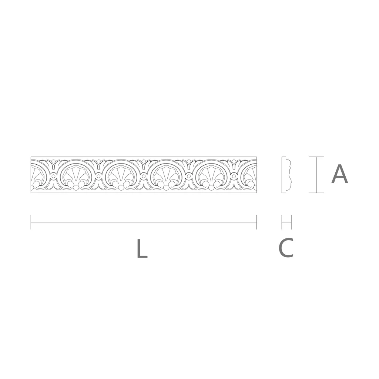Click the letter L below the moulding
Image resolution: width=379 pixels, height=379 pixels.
[142, 249]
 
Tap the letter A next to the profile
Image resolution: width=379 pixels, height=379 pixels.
[339, 174]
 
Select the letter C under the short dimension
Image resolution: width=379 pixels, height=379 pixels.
[286, 248]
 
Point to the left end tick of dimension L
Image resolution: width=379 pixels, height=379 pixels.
[31, 222]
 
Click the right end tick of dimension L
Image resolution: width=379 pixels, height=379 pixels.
[256, 222]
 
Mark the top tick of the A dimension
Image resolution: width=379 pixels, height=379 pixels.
[316, 157]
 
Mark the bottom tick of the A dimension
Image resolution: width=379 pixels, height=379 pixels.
[316, 193]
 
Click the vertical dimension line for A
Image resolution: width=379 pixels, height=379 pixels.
[316, 175]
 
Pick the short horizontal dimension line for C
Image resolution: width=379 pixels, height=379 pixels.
[286, 222]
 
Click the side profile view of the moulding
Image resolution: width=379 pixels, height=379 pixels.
[286, 175]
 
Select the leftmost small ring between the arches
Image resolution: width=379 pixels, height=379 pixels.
[53, 177]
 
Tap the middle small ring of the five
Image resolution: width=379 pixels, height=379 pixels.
[144, 177]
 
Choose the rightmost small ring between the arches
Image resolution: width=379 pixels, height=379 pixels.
[234, 177]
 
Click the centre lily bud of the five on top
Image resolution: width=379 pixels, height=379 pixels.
[144, 163]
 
